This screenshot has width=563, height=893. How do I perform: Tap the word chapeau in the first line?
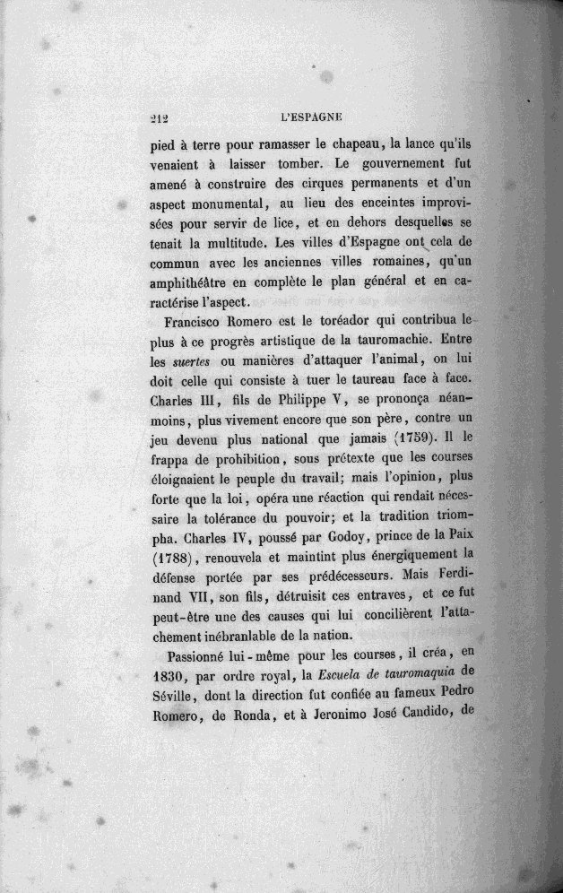click(352, 144)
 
